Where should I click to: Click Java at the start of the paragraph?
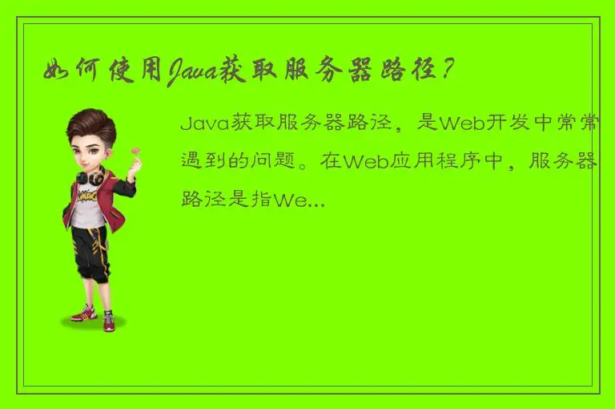click(204, 124)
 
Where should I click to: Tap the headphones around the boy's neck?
click(90, 176)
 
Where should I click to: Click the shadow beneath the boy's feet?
click(94, 322)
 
